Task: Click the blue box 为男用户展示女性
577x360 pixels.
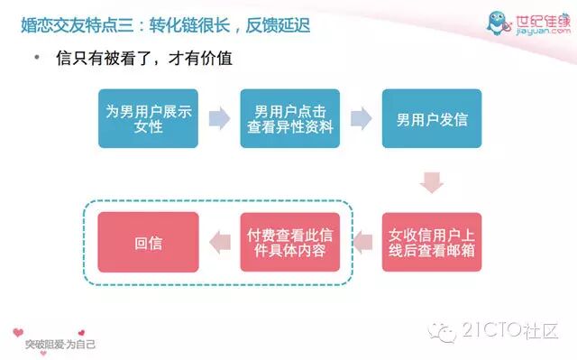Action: pyautogui.click(x=148, y=118)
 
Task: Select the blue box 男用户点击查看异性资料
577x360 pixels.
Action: pyautogui.click(x=290, y=118)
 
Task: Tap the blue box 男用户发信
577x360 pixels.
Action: pyautogui.click(x=432, y=118)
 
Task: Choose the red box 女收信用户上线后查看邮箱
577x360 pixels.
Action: pyautogui.click(x=432, y=242)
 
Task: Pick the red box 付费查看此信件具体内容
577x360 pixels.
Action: pyautogui.click(x=290, y=242)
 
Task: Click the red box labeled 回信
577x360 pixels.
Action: pyautogui.click(x=148, y=242)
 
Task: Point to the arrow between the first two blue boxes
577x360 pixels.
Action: pyautogui.click(x=220, y=118)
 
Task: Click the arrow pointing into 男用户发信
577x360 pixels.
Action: pyautogui.click(x=362, y=118)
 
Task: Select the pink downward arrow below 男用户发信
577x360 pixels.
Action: pyautogui.click(x=432, y=182)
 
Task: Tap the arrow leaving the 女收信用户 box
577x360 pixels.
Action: pyautogui.click(x=362, y=242)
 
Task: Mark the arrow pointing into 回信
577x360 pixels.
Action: pyautogui.click(x=220, y=242)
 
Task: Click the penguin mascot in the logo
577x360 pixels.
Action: pyautogui.click(x=498, y=23)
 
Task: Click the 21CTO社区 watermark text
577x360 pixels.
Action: pyautogui.click(x=510, y=330)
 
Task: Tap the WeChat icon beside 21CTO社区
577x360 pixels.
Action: pyautogui.click(x=443, y=332)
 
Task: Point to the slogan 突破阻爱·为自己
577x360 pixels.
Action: pyautogui.click(x=60, y=345)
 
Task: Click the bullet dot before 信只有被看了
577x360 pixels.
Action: pyautogui.click(x=37, y=58)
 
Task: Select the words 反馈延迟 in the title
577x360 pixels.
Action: pyautogui.click(x=278, y=25)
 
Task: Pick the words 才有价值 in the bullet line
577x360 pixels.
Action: pyautogui.click(x=200, y=58)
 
